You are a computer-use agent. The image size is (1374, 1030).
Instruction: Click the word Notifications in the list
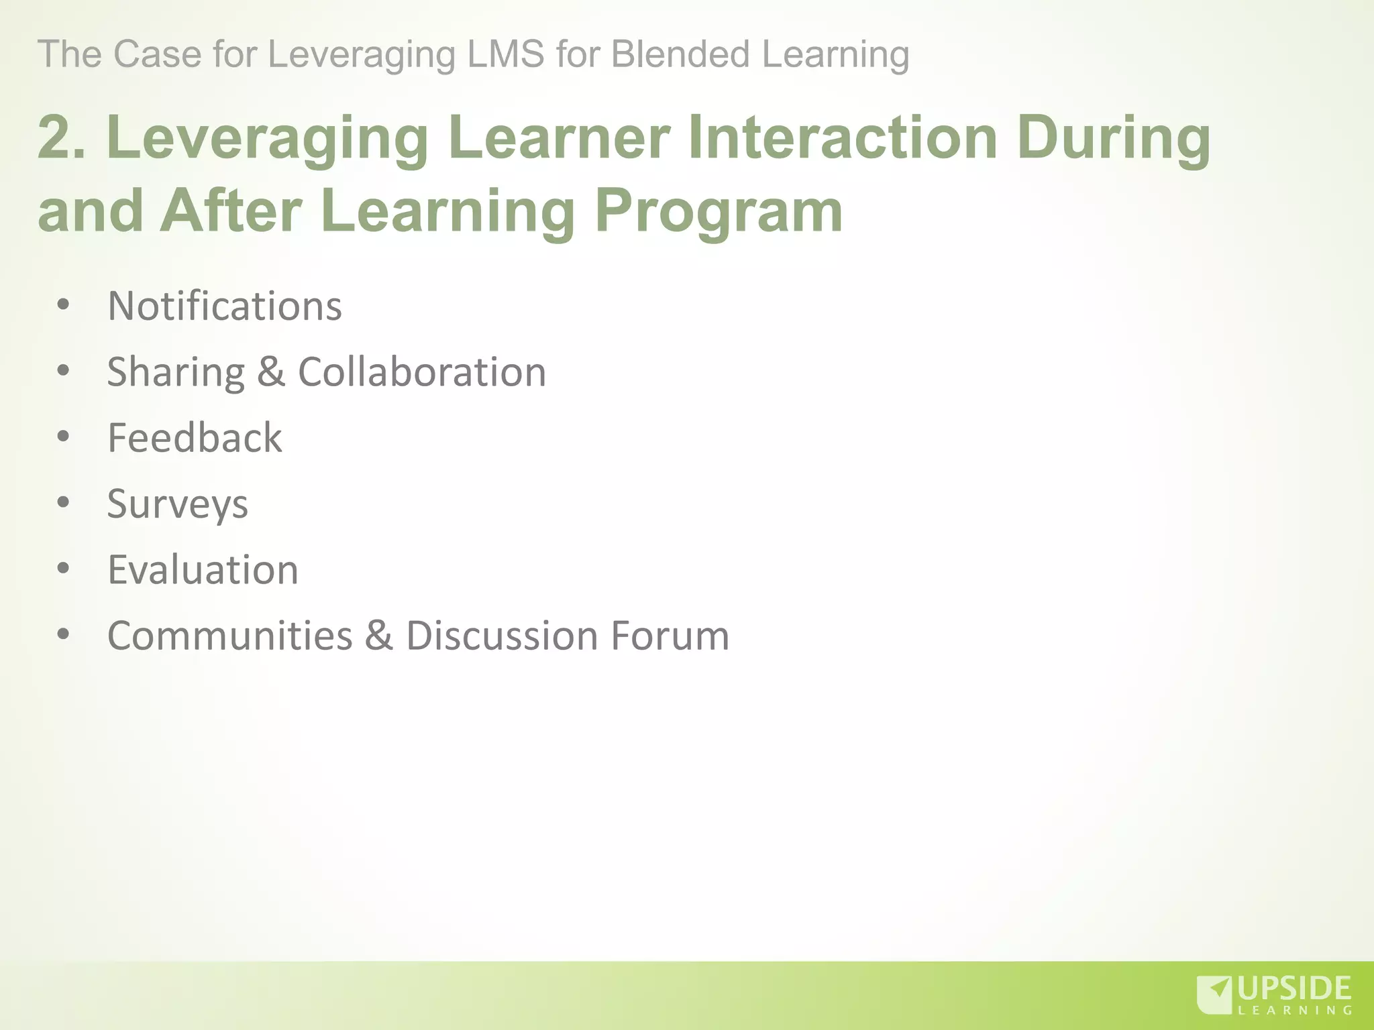click(225, 306)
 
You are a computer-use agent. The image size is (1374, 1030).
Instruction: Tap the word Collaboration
click(422, 372)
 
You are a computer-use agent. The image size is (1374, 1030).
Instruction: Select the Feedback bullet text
click(195, 438)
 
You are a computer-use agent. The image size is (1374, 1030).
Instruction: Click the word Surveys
click(178, 504)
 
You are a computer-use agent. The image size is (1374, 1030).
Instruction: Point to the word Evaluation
click(203, 570)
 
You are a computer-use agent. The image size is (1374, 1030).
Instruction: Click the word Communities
click(230, 636)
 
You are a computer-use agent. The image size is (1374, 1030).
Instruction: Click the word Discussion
click(502, 636)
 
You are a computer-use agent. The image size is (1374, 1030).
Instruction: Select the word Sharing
click(176, 373)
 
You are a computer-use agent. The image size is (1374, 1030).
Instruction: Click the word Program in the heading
click(718, 211)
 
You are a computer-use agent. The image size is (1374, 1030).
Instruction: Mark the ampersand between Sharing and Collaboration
click(271, 372)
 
